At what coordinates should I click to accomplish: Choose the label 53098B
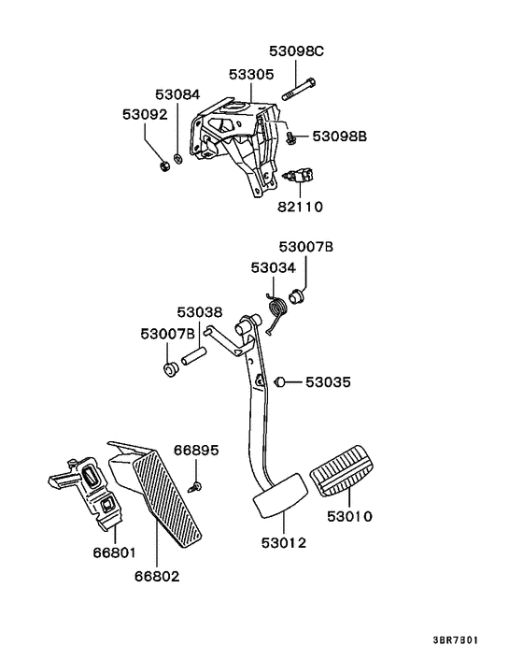click(x=339, y=136)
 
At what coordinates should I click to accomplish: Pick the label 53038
click(x=200, y=312)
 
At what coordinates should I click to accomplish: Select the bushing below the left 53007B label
click(x=170, y=371)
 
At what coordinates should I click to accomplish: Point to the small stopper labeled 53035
click(x=279, y=381)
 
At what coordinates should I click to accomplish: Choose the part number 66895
click(x=198, y=451)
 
